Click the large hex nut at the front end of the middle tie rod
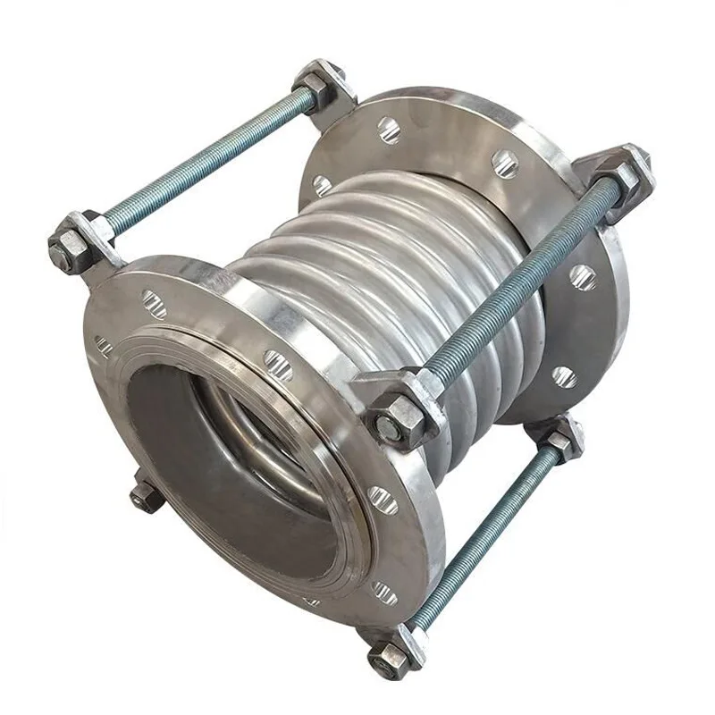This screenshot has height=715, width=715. [399, 412]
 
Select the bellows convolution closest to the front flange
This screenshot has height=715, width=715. [277, 268]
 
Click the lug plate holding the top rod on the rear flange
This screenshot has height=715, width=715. [335, 107]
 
